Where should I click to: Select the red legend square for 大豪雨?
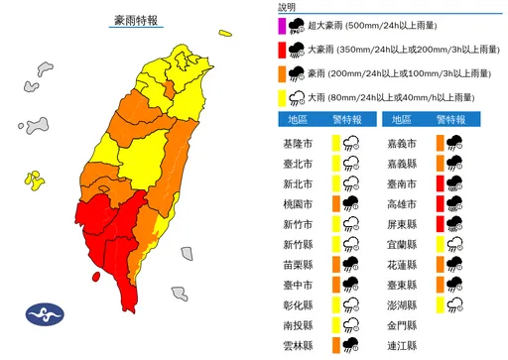click(x=283, y=48)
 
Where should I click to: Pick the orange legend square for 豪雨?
click(x=283, y=72)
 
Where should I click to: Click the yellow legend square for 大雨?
click(x=283, y=97)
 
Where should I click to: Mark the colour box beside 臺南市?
click(x=436, y=183)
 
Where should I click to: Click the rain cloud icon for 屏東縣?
click(x=455, y=223)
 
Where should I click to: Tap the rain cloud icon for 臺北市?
click(x=352, y=163)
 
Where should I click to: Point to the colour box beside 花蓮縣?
click(x=436, y=264)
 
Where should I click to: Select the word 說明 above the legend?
click(x=288, y=6)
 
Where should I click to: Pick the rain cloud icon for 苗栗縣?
click(x=352, y=264)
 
